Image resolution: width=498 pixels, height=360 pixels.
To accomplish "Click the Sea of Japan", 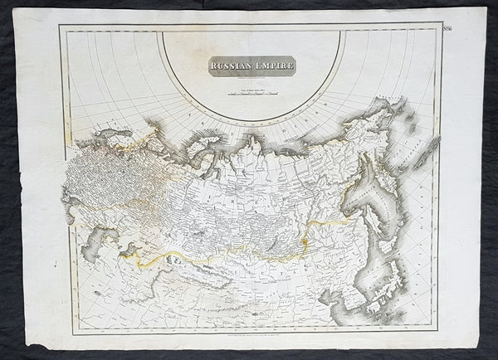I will pos(375,270).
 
